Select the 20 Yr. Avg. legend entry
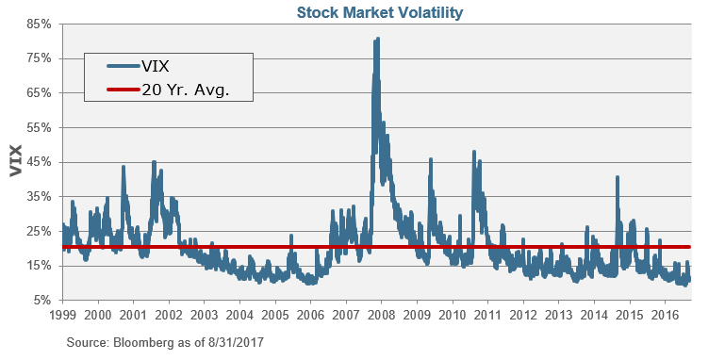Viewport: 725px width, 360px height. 185,91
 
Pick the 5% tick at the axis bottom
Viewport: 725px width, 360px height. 41,300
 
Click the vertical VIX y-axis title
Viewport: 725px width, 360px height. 15,161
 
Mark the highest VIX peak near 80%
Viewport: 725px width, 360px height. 378,40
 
